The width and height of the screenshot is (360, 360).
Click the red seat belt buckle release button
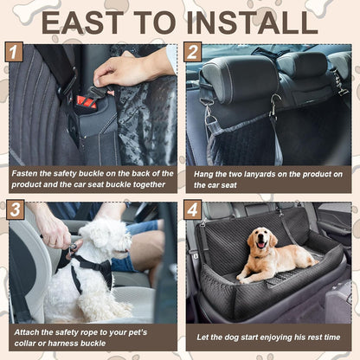[85, 102]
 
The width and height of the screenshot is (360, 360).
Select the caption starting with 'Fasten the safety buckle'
[92, 179]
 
